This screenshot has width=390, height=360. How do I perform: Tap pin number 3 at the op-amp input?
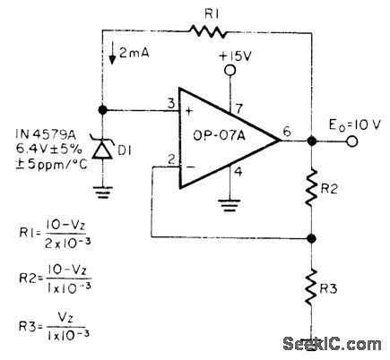(x=167, y=103)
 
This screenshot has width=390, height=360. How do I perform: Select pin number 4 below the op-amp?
(x=239, y=170)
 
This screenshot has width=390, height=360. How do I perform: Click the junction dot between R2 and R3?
(x=310, y=238)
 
